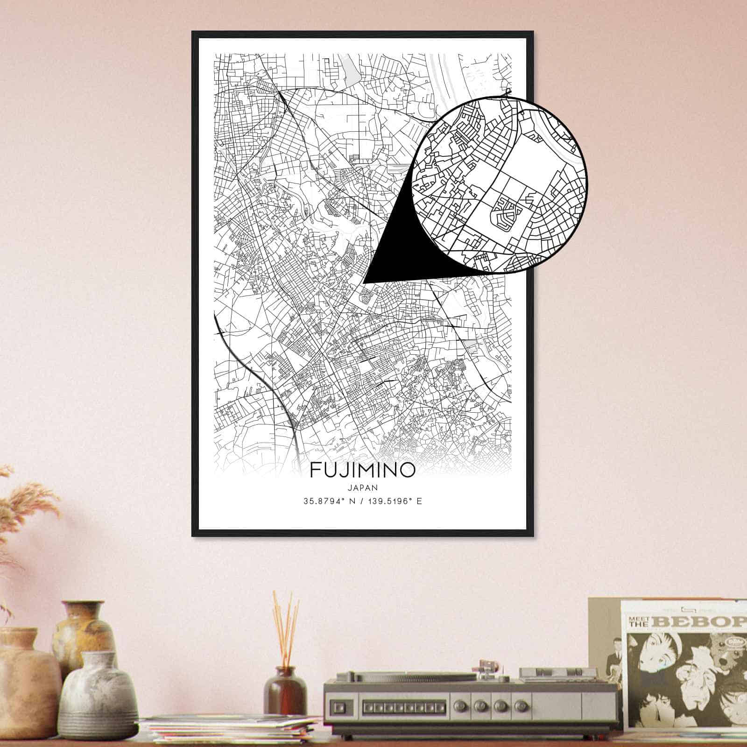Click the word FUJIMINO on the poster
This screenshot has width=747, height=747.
point(362,470)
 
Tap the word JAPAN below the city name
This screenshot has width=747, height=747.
point(362,487)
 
